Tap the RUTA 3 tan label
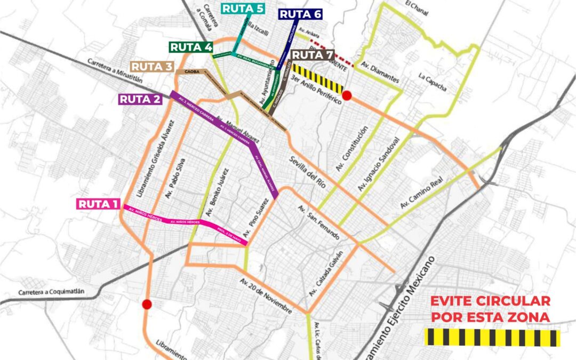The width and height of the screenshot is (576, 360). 153,67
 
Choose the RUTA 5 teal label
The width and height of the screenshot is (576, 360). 243,9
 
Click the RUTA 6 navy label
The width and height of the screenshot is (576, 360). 300,14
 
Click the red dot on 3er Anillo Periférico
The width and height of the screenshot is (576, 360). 347,95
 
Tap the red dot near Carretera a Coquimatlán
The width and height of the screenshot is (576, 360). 147,304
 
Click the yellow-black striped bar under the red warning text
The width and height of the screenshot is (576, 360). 491,338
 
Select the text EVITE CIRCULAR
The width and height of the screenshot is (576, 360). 490,301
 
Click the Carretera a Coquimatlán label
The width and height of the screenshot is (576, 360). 52,293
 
